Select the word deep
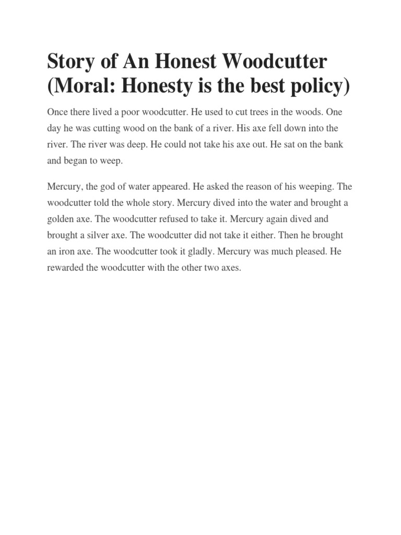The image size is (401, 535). (135, 145)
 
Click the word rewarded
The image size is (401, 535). (66, 267)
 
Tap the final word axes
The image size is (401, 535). (230, 267)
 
